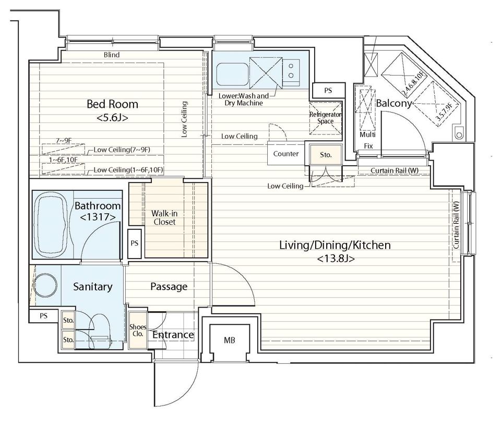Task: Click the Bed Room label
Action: [113, 104]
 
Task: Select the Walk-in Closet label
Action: [164, 218]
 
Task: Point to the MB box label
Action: [230, 340]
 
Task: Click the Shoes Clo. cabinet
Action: [138, 331]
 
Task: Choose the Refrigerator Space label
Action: [325, 118]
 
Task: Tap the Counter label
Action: [286, 154]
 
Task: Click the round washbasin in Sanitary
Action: [45, 285]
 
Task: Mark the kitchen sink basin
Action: [232, 75]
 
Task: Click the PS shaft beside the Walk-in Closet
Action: [135, 243]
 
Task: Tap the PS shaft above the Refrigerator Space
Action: [328, 91]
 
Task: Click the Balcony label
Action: [393, 103]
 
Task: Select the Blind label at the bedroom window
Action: [112, 55]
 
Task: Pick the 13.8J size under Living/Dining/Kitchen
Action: [336, 259]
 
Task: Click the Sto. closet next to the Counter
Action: [326, 155]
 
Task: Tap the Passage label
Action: [169, 287]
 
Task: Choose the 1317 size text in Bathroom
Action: [98, 217]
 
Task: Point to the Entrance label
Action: [173, 335]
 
